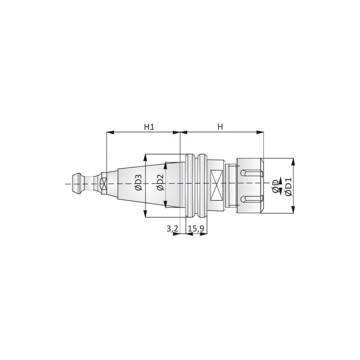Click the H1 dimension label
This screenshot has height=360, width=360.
[x=149, y=127]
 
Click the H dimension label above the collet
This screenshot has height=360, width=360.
[x=220, y=127]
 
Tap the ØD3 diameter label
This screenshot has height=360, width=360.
[x=139, y=183]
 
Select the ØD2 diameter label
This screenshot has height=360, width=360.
[x=160, y=183]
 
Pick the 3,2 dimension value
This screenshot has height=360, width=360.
[x=172, y=229]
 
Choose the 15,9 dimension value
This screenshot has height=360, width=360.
[x=196, y=229]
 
